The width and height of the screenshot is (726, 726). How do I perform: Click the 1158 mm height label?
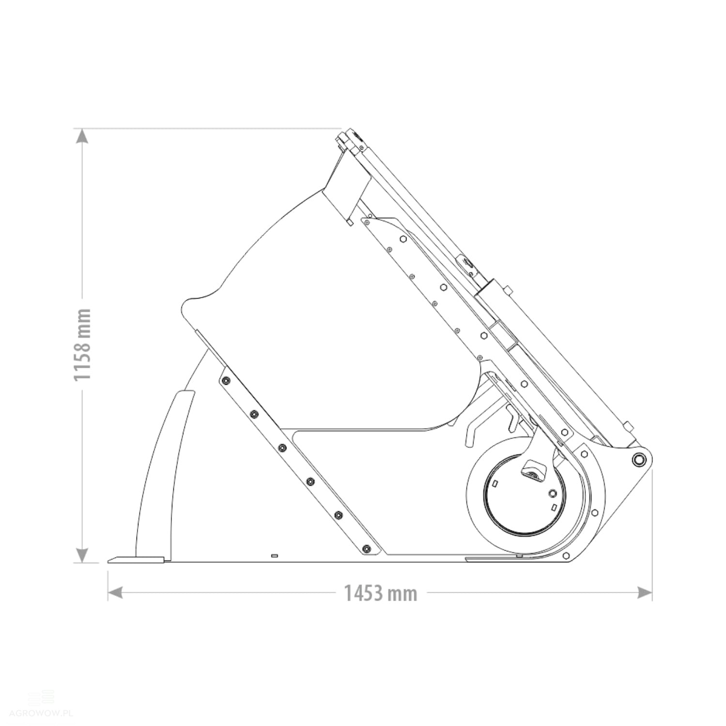tap(82, 344)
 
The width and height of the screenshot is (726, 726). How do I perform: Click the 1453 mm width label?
tap(380, 593)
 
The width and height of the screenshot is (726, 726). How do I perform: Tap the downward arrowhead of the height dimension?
tap(83, 555)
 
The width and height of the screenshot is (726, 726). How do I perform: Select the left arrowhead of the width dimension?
tap(115, 592)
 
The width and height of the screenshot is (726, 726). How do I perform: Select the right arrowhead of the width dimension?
tap(645, 592)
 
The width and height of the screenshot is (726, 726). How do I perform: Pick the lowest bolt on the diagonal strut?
tap(366, 549)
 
